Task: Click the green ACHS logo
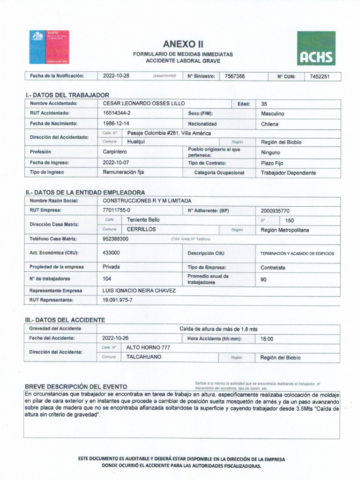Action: [x=316, y=48]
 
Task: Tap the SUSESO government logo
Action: [x=49, y=47]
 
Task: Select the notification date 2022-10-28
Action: [x=116, y=76]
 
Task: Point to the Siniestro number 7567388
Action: [x=234, y=76]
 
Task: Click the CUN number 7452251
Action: [x=320, y=76]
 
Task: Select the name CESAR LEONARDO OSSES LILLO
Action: [x=143, y=104]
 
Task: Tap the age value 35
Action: [x=264, y=104]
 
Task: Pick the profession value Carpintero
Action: [x=115, y=152]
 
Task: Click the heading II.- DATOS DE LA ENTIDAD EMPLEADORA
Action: [x=85, y=192]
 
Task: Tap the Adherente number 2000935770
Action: [x=275, y=210]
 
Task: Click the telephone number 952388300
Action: [x=115, y=239]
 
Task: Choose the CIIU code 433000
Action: [x=111, y=253]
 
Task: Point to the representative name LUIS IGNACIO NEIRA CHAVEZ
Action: [x=139, y=291]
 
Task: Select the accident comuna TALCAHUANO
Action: [x=144, y=357]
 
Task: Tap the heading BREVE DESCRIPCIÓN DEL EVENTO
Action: [x=76, y=386]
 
